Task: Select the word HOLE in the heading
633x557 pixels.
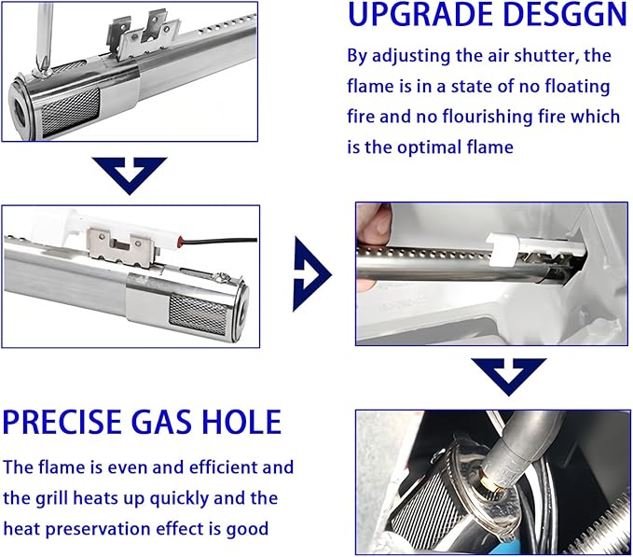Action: tap(241, 422)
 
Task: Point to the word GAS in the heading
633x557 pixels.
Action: tap(161, 422)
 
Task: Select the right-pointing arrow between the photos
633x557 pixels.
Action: tap(311, 274)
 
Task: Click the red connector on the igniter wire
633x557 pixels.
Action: tap(181, 242)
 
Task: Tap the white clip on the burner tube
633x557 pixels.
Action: tap(502, 249)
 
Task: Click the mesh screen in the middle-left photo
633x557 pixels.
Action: tap(199, 313)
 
